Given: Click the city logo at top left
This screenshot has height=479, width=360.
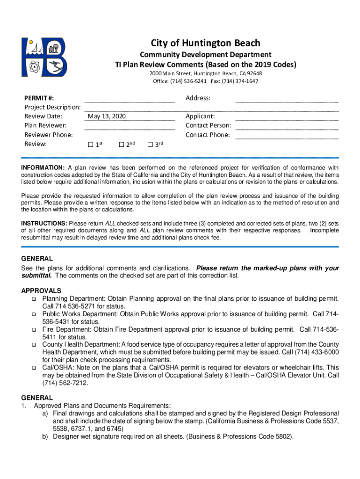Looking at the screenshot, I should pos(44,57).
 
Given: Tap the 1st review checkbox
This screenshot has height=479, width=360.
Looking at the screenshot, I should pos(91,145).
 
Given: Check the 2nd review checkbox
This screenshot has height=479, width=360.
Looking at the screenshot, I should pos(122,145).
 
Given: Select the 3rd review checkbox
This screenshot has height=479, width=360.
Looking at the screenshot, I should pos(150,145).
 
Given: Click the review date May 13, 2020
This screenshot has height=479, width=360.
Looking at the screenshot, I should pos(107,116).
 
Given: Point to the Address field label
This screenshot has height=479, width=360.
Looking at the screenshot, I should pos(198,98).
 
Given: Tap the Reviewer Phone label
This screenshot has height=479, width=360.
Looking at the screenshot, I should pos(48,135).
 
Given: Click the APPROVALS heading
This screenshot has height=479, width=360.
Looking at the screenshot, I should pos(41,291).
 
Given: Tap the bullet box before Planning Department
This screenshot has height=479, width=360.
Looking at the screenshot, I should pos(34,299).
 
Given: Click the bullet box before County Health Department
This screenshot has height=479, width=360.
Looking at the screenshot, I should pos(34,345).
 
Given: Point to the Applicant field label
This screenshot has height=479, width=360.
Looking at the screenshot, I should pos(200,116).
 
